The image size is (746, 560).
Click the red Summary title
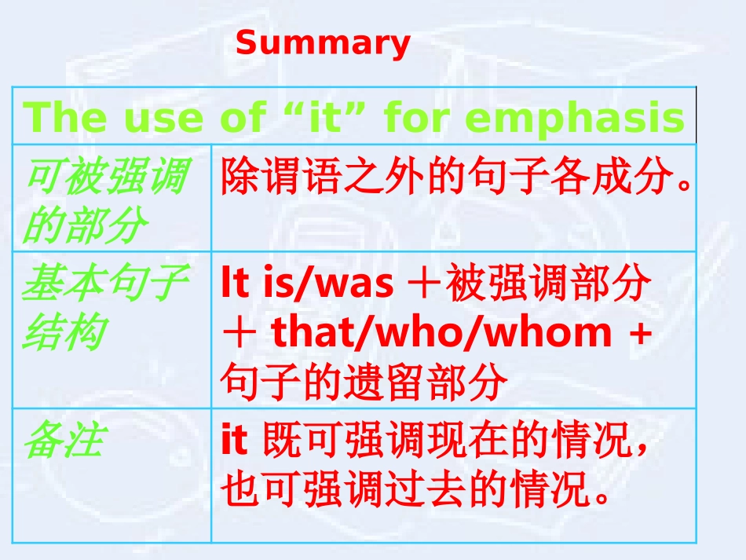point(323,43)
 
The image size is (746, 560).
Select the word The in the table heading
point(66,118)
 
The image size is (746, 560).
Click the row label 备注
point(63,441)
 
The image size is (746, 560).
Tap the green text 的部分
point(85,227)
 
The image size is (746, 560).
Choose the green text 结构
point(63,334)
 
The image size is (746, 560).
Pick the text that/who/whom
point(441,334)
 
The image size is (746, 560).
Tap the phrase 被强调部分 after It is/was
point(548,284)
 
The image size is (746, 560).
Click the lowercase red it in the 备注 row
point(234,441)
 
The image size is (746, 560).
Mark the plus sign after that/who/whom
point(640,334)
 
